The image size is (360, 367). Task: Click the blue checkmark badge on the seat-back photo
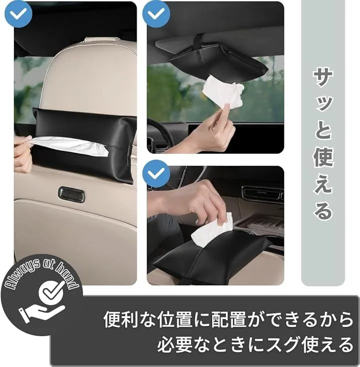18,14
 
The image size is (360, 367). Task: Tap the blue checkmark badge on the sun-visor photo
156,14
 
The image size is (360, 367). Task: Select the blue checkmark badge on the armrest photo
156,173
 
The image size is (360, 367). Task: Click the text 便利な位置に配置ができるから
228,319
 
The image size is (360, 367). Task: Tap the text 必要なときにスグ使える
255,344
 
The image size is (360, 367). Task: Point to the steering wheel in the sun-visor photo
161,133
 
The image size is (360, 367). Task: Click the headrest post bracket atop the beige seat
98,40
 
